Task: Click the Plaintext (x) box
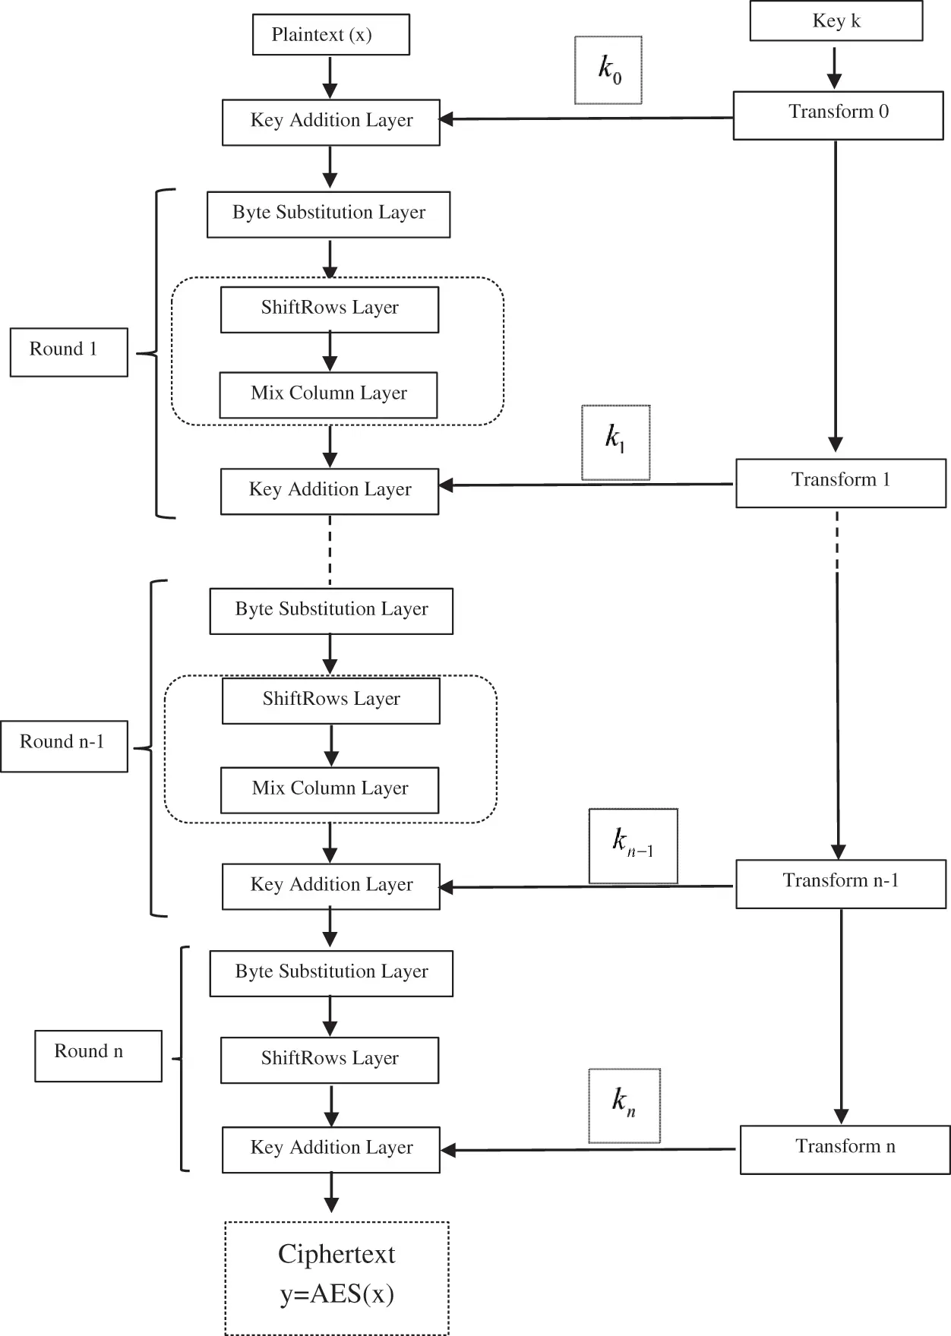[x=330, y=35]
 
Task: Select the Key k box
[x=836, y=21]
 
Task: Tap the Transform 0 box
[x=838, y=115]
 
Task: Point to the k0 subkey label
[x=608, y=70]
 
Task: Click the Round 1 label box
[x=68, y=352]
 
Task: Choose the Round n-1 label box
[x=64, y=746]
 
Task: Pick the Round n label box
[x=98, y=1055]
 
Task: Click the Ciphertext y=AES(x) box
[x=336, y=1278]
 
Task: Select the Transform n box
[x=845, y=1149]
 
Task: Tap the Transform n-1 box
[x=840, y=883]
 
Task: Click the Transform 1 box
[x=840, y=482]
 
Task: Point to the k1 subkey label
[x=615, y=442]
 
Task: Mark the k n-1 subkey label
[x=633, y=846]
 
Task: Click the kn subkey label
[x=624, y=1105]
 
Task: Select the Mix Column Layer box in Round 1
[x=328, y=395]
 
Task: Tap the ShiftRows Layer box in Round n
[x=330, y=1060]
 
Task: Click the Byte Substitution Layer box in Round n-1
[x=331, y=611]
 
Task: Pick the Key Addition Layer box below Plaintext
[x=330, y=122]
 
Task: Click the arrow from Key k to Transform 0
[x=834, y=66]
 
